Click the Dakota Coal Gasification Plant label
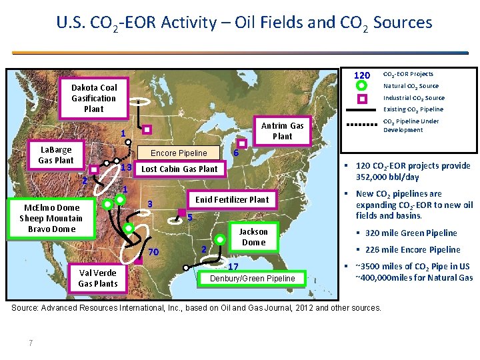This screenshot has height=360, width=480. point(94,98)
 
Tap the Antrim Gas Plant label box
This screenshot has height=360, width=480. point(282,131)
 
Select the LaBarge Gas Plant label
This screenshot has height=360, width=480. point(56,155)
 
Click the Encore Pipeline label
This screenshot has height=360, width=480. point(179,153)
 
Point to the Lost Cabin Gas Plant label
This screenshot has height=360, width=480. point(179,169)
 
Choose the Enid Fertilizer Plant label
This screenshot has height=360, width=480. point(231,199)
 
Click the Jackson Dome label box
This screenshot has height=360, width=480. point(253,237)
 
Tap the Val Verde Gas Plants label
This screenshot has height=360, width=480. point(97,278)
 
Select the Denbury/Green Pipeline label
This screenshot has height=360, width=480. point(253,278)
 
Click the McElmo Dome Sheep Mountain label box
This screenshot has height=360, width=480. point(51,218)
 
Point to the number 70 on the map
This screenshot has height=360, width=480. point(153,252)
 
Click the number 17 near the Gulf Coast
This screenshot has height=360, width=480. point(233,267)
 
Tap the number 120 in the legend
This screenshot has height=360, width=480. point(361,75)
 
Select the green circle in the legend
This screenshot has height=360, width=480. point(361,86)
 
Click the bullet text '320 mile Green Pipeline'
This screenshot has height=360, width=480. point(411,233)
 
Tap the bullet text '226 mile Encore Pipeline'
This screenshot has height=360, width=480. point(412,249)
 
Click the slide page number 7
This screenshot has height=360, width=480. point(31,343)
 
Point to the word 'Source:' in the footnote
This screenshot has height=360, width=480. point(26,307)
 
